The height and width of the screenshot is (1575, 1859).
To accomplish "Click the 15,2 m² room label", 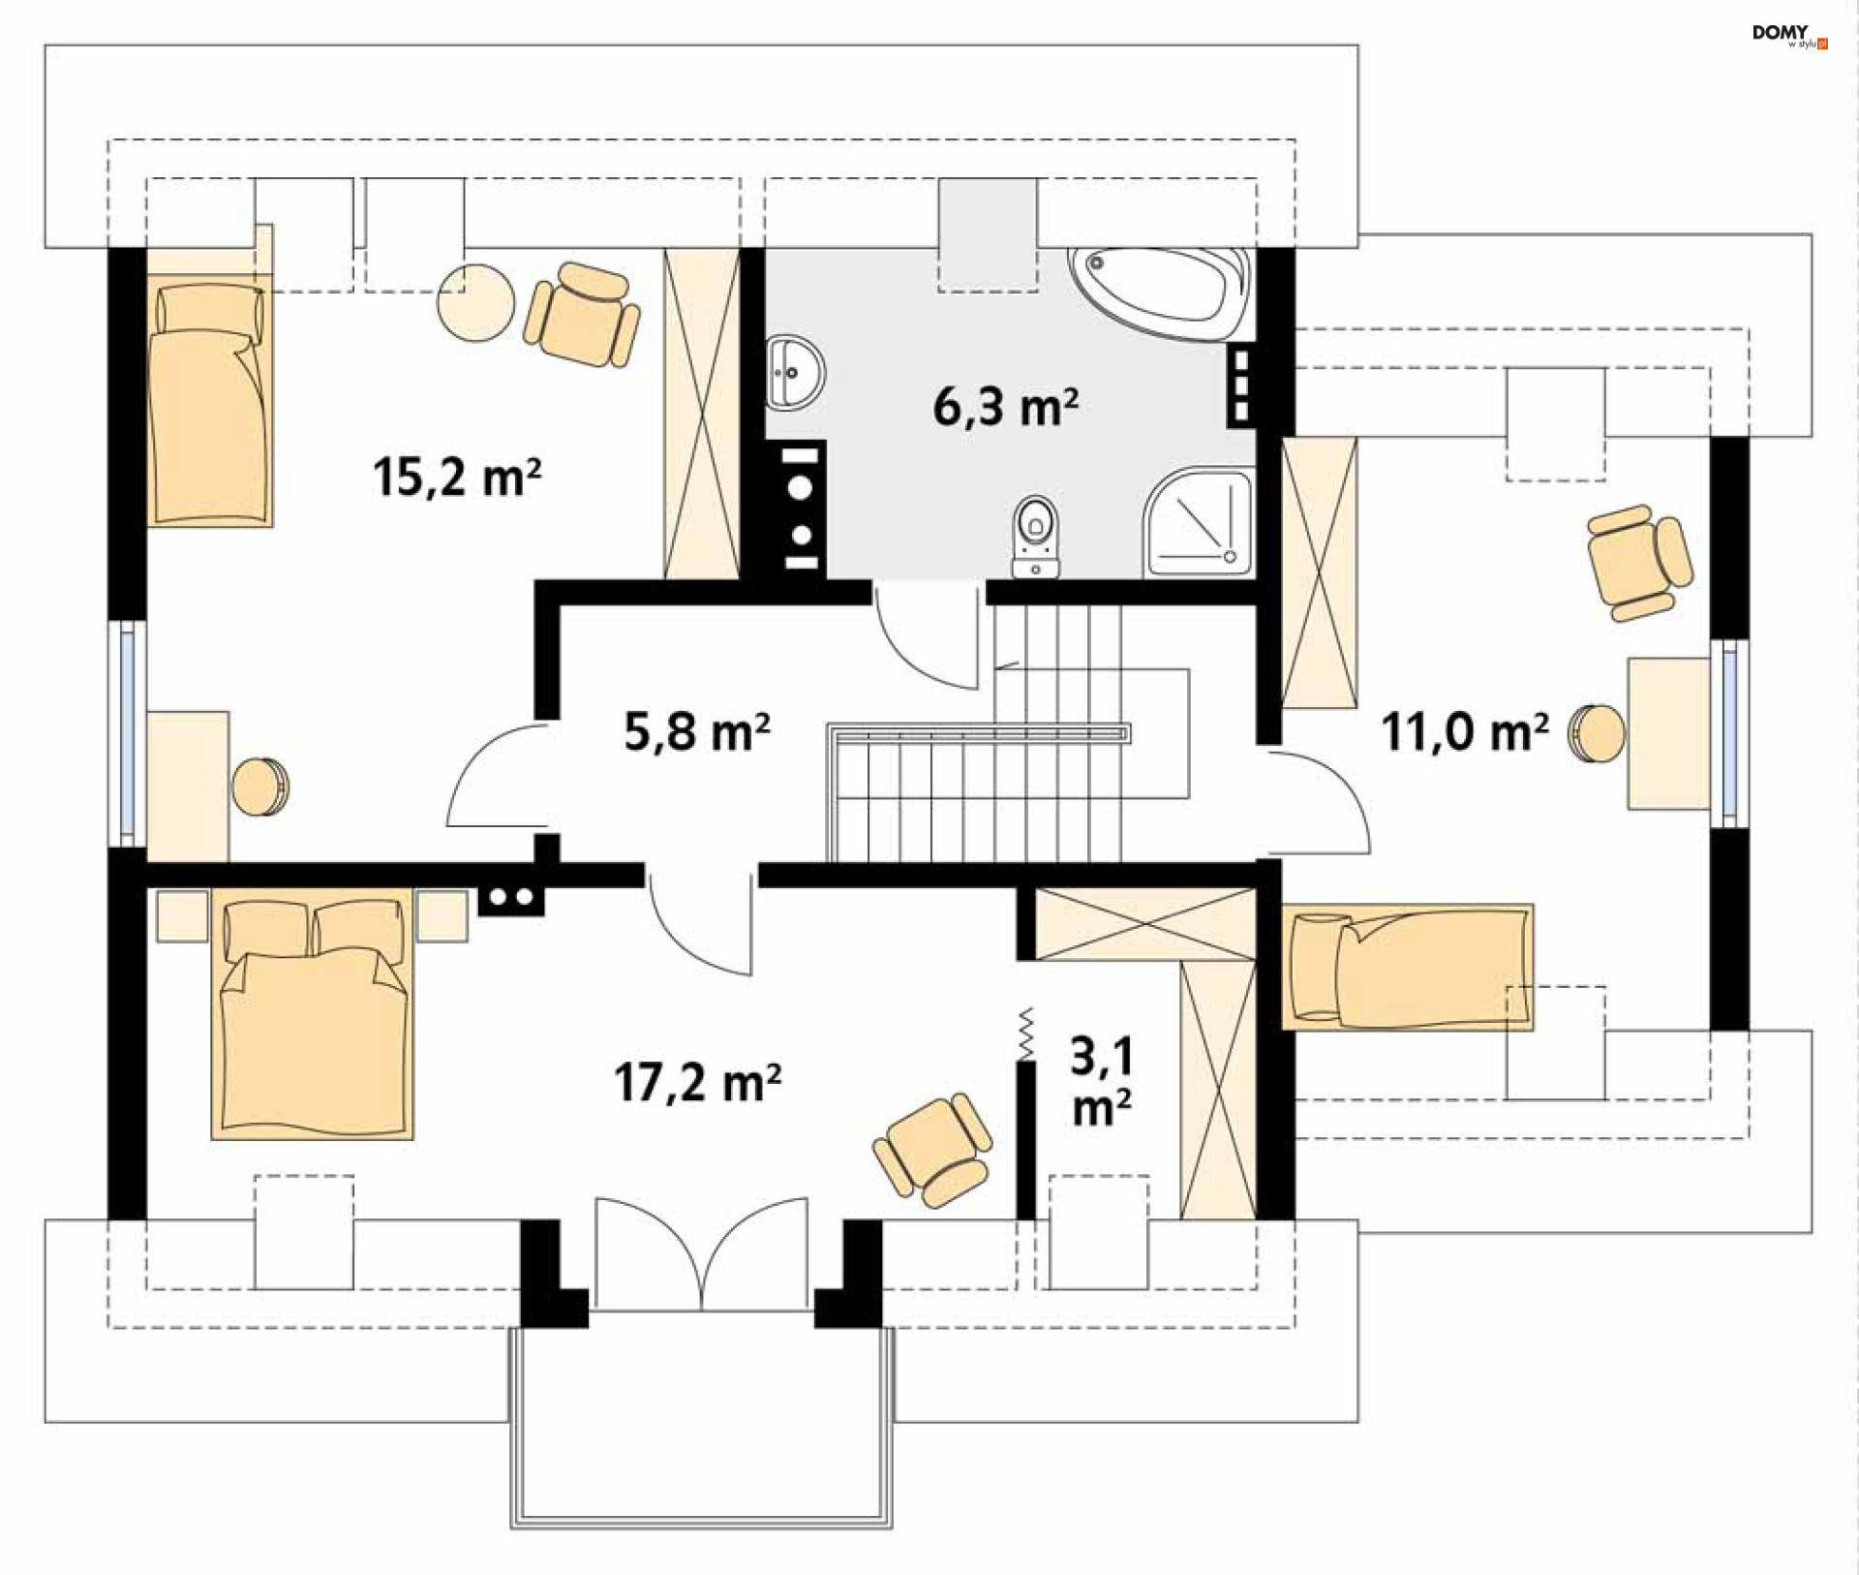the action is (457, 477).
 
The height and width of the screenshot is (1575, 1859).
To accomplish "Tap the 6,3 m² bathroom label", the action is (1005, 406).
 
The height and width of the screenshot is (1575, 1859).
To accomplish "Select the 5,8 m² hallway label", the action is (697, 731).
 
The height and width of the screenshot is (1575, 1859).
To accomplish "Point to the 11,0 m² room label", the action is (1465, 731).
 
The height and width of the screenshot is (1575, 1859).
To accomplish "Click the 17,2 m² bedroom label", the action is (698, 1082).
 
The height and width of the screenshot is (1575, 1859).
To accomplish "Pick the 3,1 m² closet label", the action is (1102, 1081).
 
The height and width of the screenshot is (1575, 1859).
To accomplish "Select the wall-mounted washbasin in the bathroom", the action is (795, 373).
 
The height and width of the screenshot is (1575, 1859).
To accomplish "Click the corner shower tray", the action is (1199, 523).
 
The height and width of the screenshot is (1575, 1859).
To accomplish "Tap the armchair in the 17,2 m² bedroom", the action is (932, 1152).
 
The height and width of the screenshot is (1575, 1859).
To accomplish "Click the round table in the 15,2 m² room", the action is (475, 303).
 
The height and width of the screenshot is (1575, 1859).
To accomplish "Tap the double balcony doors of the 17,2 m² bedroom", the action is (701, 1253).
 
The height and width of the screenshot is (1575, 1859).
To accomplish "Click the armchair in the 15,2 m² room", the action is (582, 314).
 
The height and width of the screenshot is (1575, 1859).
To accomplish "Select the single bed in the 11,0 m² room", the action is (1407, 967).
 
